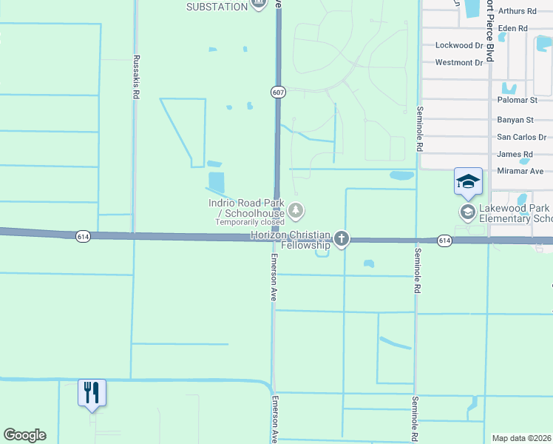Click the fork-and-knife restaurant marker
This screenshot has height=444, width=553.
(92, 391)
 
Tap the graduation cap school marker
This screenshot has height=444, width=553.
(467, 182)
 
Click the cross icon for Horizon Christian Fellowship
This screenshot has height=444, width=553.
(341, 238)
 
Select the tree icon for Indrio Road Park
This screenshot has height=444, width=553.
(296, 211)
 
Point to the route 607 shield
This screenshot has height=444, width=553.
(277, 92)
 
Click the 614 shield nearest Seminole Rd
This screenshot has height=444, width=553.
(444, 240)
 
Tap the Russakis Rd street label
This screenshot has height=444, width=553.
(136, 77)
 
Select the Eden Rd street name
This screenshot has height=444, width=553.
(512, 28)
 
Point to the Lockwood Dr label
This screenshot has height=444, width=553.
(458, 45)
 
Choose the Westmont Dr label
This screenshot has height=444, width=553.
(458, 62)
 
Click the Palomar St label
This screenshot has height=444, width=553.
(517, 100)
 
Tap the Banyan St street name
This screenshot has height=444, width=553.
(515, 119)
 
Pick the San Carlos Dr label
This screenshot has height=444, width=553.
(521, 137)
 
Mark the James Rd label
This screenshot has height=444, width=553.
(510, 154)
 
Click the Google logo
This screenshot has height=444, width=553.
(24, 435)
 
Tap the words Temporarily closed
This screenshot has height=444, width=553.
(249, 222)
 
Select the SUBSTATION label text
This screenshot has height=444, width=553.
(217, 7)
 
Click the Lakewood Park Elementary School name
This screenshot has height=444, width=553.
(515, 214)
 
